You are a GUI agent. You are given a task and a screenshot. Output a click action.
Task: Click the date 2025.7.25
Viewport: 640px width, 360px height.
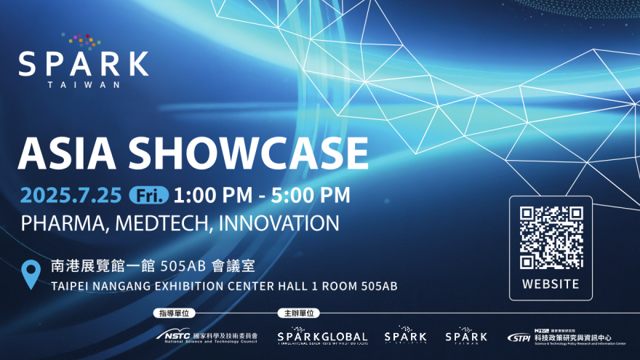(71, 195)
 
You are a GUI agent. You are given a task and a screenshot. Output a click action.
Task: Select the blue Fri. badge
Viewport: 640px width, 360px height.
(148, 195)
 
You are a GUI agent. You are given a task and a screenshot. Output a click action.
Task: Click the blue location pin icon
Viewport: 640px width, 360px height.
(31, 274)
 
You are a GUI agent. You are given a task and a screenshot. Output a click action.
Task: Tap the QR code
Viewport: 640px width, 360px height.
(551, 237)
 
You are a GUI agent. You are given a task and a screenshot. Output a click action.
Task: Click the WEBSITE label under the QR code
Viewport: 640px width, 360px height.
(551, 284)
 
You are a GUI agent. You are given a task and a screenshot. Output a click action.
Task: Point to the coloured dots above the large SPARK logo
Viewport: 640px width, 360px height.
(81, 40)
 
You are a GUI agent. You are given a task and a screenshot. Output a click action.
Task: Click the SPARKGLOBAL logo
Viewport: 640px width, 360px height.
(322, 337)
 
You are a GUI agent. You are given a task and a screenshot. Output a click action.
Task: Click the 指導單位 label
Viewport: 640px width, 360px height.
(173, 313)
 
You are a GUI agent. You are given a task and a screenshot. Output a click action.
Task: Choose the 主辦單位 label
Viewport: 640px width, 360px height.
(297, 313)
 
